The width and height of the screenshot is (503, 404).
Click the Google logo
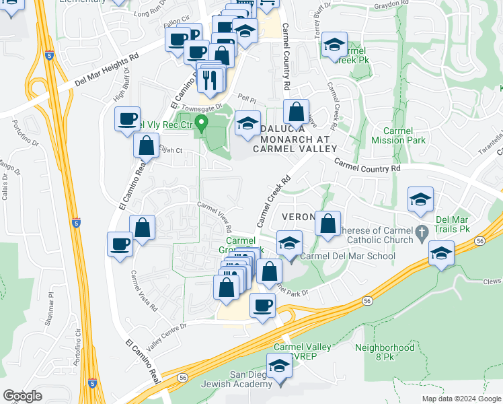23,396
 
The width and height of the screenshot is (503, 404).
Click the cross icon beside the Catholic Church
422,232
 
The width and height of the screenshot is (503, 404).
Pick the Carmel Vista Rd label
145,291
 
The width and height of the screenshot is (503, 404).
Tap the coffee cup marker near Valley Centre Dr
262,305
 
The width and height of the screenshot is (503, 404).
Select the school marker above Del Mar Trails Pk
420,199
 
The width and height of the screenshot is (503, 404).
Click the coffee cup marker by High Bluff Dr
127,119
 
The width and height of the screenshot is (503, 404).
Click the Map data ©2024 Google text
460,399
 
